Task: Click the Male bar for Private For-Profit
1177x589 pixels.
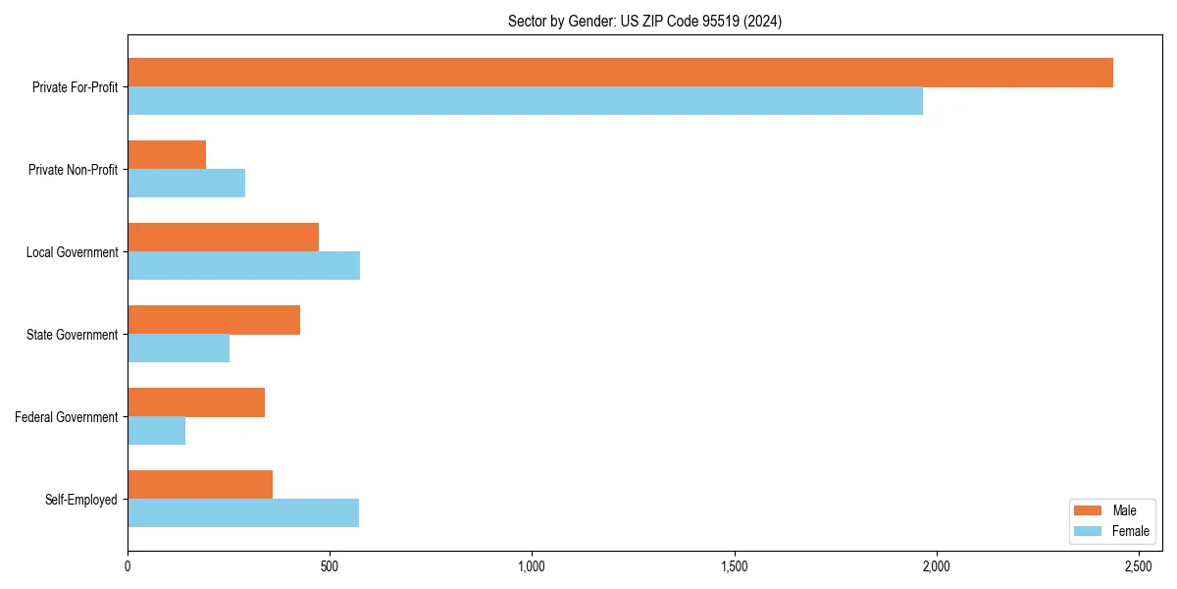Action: pos(620,73)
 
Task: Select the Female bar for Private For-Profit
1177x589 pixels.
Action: pos(525,101)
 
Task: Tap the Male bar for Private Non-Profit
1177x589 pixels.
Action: pos(167,155)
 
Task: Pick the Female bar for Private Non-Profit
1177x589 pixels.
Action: pos(186,184)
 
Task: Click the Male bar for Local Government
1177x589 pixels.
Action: pos(223,238)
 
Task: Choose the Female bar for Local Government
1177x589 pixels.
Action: pos(243,266)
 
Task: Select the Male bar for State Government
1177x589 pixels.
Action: pos(214,320)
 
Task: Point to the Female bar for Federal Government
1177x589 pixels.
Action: pos(156,431)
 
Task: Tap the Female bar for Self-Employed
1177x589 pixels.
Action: pos(243,513)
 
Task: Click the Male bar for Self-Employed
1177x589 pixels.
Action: pos(200,485)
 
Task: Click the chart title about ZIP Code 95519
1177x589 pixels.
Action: pos(644,21)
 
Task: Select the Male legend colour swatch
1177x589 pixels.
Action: pos(1089,510)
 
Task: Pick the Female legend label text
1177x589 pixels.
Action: pos(1130,531)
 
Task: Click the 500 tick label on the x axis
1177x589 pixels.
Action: pos(330,566)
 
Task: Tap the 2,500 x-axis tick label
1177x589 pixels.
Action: pos(1138,566)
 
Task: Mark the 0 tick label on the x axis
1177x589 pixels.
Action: pos(128,566)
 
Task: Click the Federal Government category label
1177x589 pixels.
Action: pos(67,417)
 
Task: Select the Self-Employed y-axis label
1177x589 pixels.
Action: pos(81,500)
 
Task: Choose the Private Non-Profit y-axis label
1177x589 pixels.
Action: pos(73,170)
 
